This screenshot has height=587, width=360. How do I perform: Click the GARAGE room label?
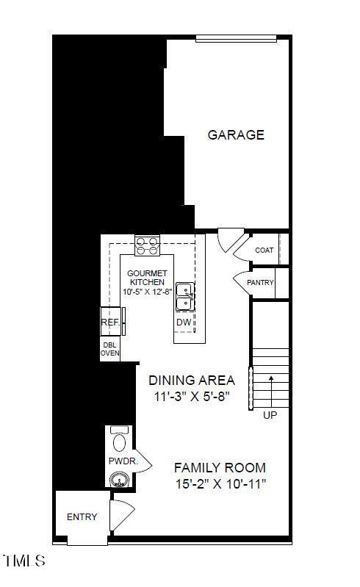click(236, 135)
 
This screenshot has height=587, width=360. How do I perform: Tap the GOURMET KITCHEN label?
click(148, 277)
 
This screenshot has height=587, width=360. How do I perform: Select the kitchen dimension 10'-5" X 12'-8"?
click(148, 292)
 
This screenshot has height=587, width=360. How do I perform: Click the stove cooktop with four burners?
click(148, 245)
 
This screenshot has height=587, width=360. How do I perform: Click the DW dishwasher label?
click(184, 323)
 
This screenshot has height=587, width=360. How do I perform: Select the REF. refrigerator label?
click(110, 322)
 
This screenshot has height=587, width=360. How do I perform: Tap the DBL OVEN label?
click(109, 349)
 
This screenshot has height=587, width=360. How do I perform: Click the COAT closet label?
click(264, 251)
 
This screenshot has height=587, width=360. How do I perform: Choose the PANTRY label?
click(261, 283)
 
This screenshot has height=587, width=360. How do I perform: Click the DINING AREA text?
click(192, 381)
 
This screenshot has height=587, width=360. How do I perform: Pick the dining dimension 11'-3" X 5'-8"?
click(192, 397)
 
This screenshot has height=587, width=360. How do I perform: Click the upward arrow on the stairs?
click(270, 390)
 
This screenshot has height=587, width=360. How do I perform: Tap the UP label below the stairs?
click(270, 415)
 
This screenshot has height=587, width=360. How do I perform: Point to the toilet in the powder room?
click(119, 440)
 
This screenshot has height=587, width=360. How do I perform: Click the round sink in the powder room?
click(119, 480)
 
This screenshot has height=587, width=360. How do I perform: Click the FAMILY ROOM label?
click(220, 468)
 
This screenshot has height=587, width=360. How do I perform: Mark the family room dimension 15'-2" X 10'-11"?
click(220, 484)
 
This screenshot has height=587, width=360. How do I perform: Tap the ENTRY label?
click(82, 517)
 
